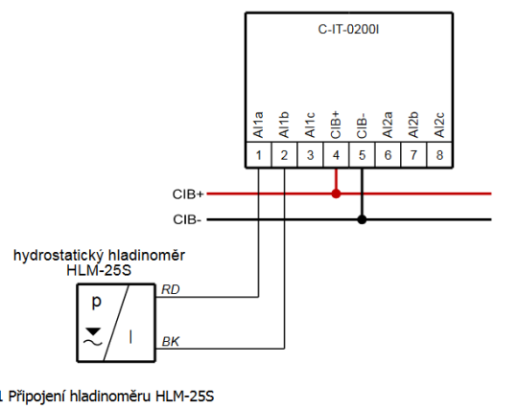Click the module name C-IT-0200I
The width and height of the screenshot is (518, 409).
point(349,30)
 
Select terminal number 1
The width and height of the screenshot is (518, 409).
point(259,154)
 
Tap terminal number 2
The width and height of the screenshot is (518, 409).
point(285,154)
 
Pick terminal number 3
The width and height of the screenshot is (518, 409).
point(310,154)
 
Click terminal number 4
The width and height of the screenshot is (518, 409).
point(336,154)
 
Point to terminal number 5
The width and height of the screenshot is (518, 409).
point(362,154)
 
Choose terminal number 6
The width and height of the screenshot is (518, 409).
point(388,154)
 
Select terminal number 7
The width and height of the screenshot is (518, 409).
point(413,154)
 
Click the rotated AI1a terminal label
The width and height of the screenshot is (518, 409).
point(259,125)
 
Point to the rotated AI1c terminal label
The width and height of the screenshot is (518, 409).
point(310,125)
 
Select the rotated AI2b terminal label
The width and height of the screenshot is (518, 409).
point(413,125)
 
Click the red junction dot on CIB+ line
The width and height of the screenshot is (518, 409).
point(336,193)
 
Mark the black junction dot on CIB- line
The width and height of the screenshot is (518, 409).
point(362,219)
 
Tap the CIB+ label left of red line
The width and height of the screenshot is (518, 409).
point(186,193)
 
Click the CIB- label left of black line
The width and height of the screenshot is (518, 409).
point(186,219)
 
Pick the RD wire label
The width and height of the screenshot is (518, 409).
point(170,288)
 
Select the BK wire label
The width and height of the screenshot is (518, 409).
point(170,340)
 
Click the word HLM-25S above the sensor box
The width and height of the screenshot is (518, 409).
point(99,271)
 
